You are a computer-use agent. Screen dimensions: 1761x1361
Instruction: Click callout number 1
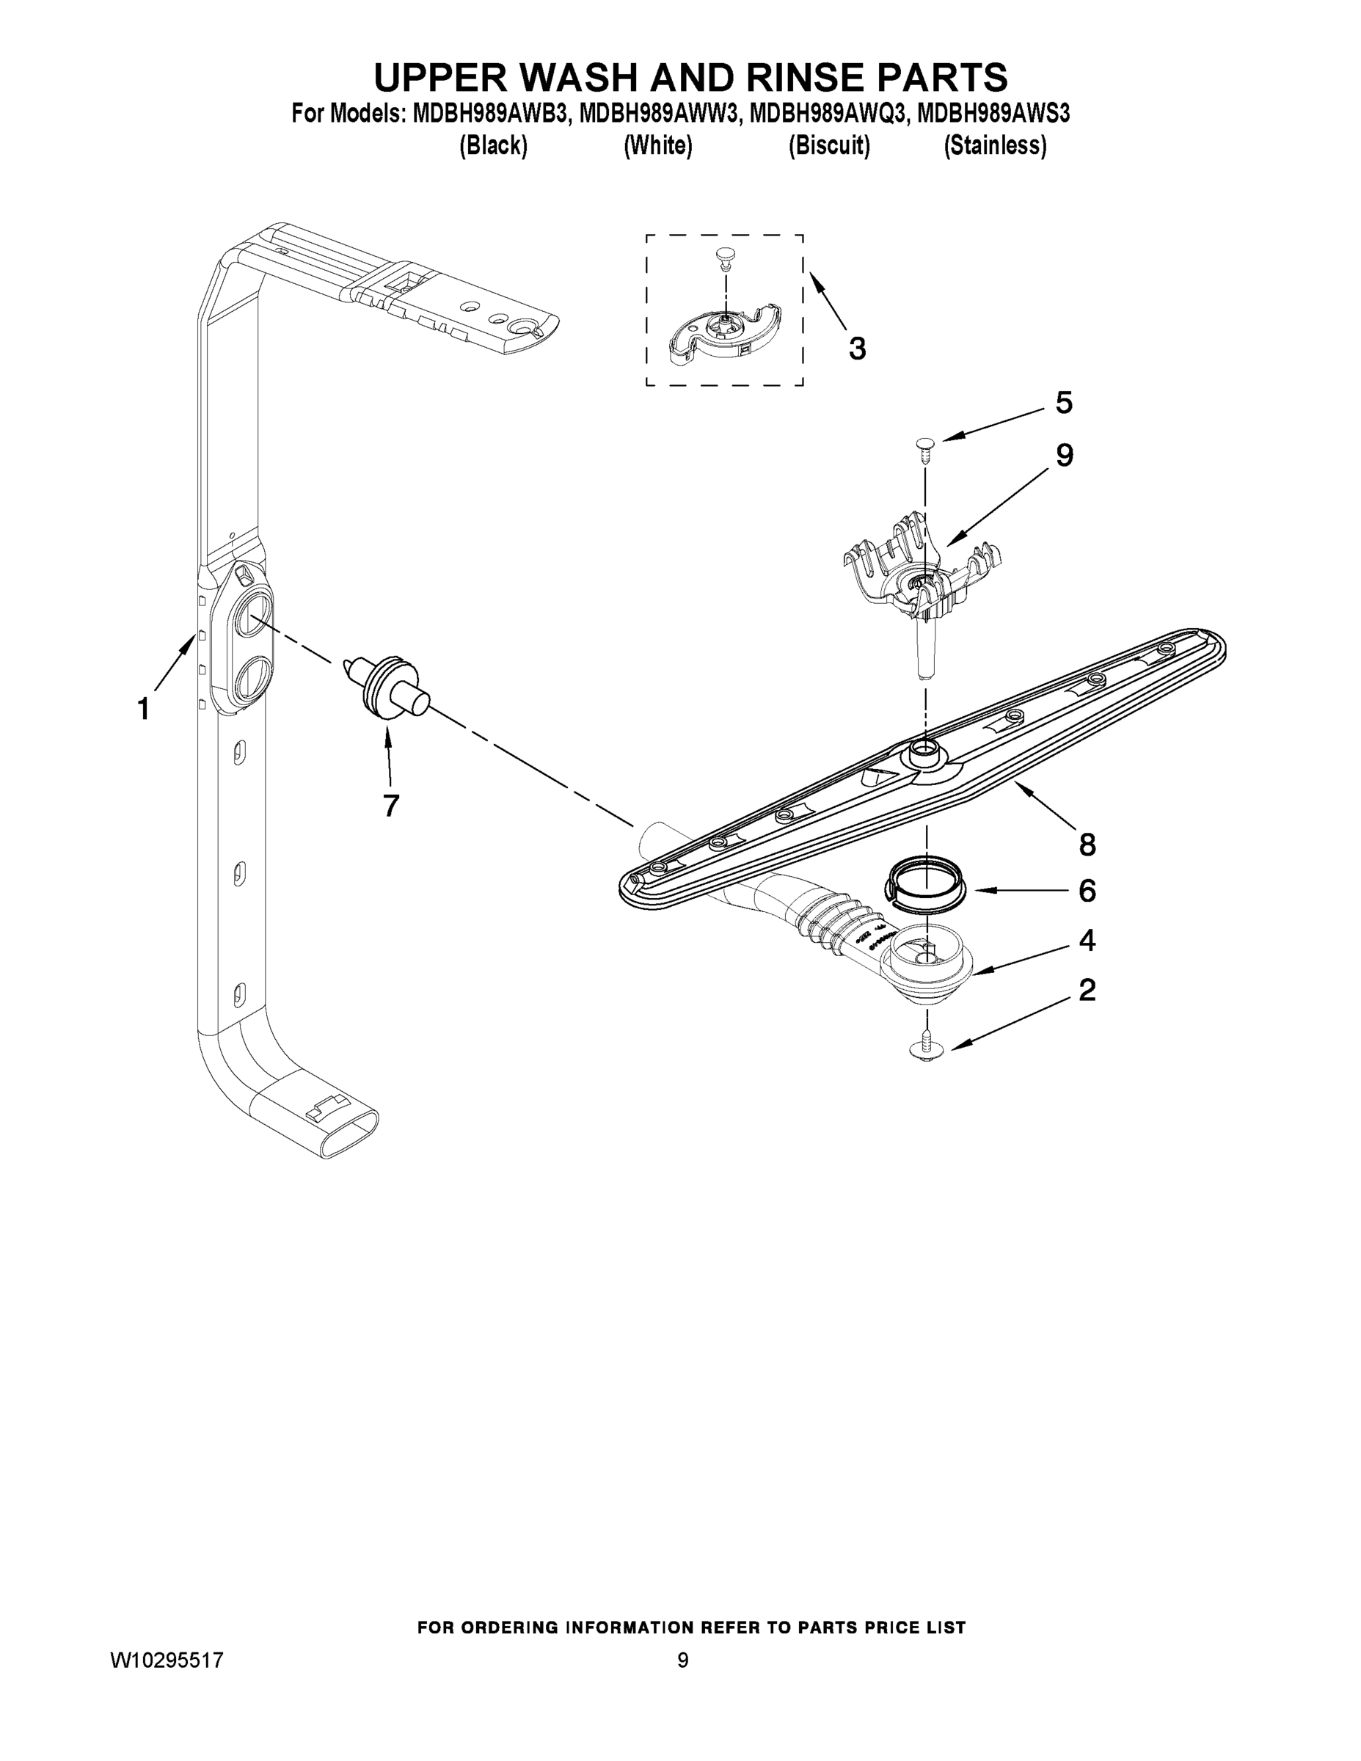[x=143, y=710]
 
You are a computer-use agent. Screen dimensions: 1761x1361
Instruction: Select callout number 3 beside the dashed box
[x=857, y=349]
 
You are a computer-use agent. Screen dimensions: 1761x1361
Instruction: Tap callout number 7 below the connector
[x=391, y=805]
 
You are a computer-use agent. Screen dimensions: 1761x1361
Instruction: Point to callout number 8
[x=1087, y=845]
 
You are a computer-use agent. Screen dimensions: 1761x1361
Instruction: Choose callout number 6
[x=1087, y=891]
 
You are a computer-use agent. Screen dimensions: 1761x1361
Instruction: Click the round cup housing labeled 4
[x=927, y=963]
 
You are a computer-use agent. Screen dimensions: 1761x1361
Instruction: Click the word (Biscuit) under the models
[x=829, y=146]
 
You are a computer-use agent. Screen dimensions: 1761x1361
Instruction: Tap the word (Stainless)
[x=995, y=146]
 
